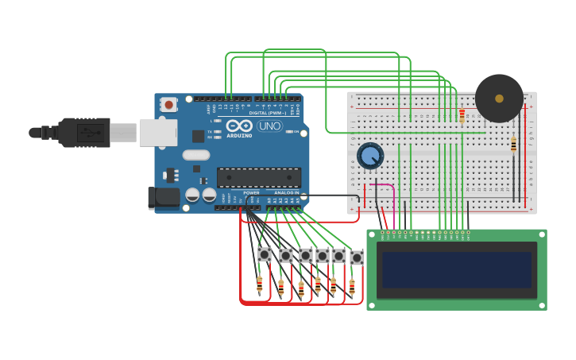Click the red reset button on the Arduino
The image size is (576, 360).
pos(168,104)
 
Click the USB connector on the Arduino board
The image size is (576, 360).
pos(157,133)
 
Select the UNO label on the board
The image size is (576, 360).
pos(269,126)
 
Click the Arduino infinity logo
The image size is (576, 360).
pos(239,126)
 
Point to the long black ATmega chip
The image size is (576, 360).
pos(259,177)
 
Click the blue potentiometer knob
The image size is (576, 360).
pos(369,155)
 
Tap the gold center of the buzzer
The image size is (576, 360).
pos(499,99)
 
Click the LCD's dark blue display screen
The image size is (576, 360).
pos(456,270)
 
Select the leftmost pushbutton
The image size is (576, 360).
pos(265,254)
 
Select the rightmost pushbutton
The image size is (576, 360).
pos(357,257)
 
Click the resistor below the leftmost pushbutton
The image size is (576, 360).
pos(260,284)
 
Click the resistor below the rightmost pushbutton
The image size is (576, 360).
pos(352,286)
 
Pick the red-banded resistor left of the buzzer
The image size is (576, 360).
pos(462,116)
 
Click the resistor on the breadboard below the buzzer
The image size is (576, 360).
pos(513,145)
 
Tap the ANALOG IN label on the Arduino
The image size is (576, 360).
pos(286,192)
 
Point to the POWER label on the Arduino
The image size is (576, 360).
pos(251,192)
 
